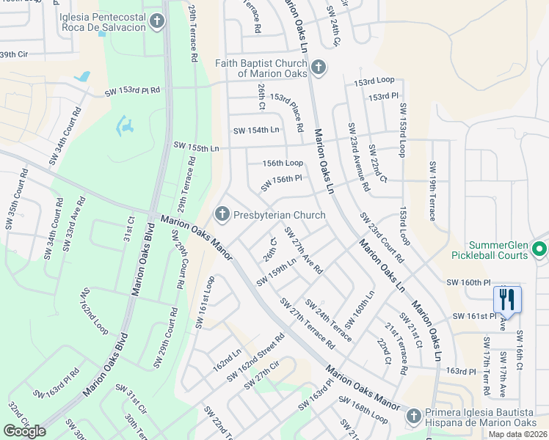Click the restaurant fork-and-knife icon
pyautogui.click(x=507, y=298)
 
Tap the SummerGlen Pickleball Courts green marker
pyautogui.click(x=540, y=249)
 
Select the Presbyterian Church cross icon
pyautogui.click(x=222, y=215)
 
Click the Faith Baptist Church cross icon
pyautogui.click(x=318, y=68)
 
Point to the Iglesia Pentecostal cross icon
pyautogui.click(x=156, y=22)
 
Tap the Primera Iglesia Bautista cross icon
pyautogui.click(x=413, y=415)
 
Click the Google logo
pyautogui.click(x=25, y=431)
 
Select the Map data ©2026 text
pyautogui.click(x=517, y=434)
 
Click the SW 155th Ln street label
pyautogui.click(x=196, y=147)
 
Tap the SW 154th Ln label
pyautogui.click(x=256, y=131)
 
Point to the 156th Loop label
pyautogui.click(x=283, y=163)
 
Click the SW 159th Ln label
pyautogui.click(x=277, y=271)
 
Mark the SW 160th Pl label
pyautogui.click(x=468, y=282)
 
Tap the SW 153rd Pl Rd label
pyautogui.click(x=132, y=90)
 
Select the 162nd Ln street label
pyautogui.click(x=227, y=361)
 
